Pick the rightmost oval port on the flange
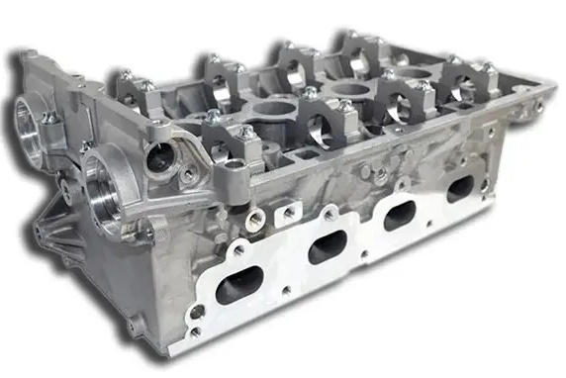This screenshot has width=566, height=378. point(460,189)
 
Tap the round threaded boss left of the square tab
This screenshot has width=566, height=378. point(255,219)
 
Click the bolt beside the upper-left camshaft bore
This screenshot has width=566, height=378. point(47,118)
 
